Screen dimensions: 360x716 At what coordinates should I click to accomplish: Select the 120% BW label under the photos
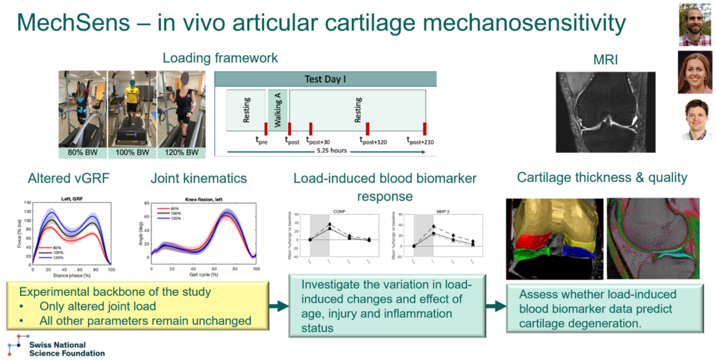click(x=182, y=152)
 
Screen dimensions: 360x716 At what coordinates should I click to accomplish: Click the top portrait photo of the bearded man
click(x=694, y=24)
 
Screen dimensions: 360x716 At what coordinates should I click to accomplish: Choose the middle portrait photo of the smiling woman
click(x=694, y=72)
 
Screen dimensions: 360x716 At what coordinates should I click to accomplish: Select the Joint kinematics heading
click(x=198, y=178)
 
